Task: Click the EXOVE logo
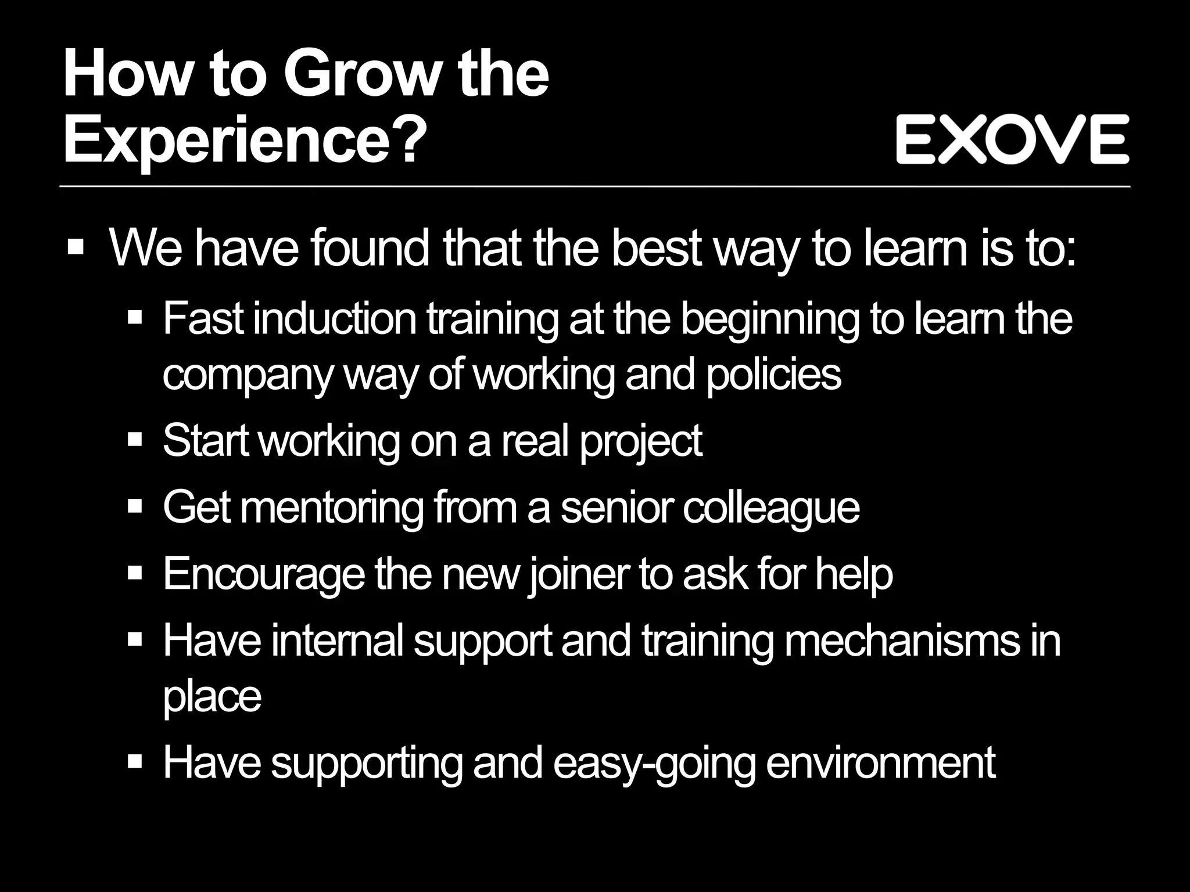pos(1012,139)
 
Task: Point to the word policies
pos(773,375)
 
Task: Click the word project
pos(641,441)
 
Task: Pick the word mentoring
pos(331,508)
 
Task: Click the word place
pos(212,696)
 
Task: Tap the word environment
pos(881,763)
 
